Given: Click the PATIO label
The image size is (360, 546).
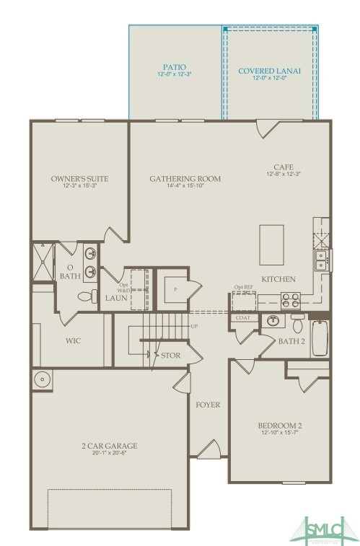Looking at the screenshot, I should (x=175, y=66).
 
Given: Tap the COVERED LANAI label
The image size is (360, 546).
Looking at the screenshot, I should (x=269, y=71).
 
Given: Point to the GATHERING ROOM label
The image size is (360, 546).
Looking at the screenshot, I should (x=185, y=178).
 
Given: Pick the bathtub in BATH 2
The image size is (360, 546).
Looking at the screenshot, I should (x=320, y=338).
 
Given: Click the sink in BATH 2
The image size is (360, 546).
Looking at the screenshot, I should (x=273, y=320).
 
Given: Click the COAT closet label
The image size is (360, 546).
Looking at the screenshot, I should (x=242, y=317).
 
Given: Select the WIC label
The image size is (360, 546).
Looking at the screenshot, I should (x=72, y=340).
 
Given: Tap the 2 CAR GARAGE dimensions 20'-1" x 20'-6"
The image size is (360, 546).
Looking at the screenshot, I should (x=109, y=453).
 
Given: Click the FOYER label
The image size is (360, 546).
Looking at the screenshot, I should (x=208, y=405).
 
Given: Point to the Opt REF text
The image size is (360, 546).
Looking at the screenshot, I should (x=244, y=286).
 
